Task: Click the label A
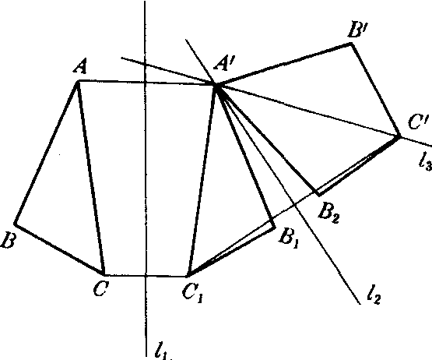80,66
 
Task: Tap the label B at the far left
8,240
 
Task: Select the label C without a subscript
101,288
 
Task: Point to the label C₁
193,292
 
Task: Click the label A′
224,65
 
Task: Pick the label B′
358,30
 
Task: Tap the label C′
418,122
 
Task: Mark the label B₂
328,213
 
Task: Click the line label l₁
163,351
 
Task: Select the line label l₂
374,296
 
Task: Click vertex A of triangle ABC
79,80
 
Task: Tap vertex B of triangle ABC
15,224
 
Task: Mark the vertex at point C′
399,136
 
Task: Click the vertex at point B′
351,43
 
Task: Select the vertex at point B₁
275,227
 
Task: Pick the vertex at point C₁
188,276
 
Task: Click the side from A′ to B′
284,64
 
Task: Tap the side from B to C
59,249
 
